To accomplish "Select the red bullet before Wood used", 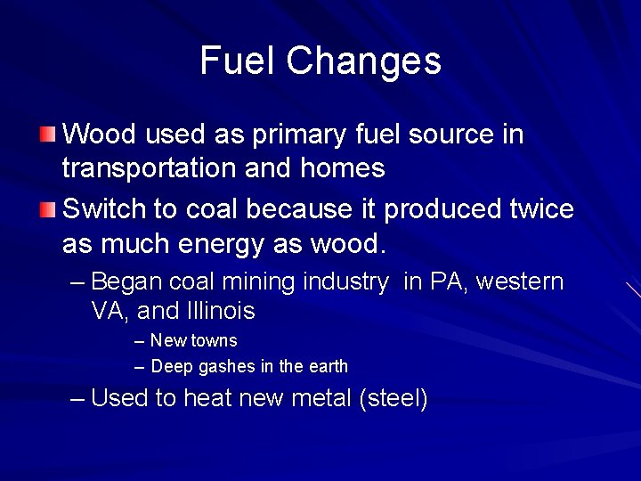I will tap(47, 135).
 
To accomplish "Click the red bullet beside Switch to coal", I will tap(47, 209).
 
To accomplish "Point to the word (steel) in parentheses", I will tap(393, 397).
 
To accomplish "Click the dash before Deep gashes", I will tap(140, 366).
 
